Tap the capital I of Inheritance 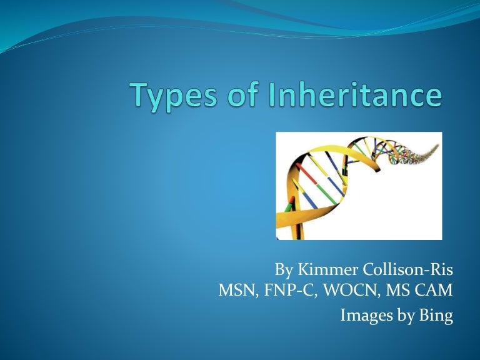point(274,95)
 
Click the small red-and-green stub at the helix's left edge point(289,206)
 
